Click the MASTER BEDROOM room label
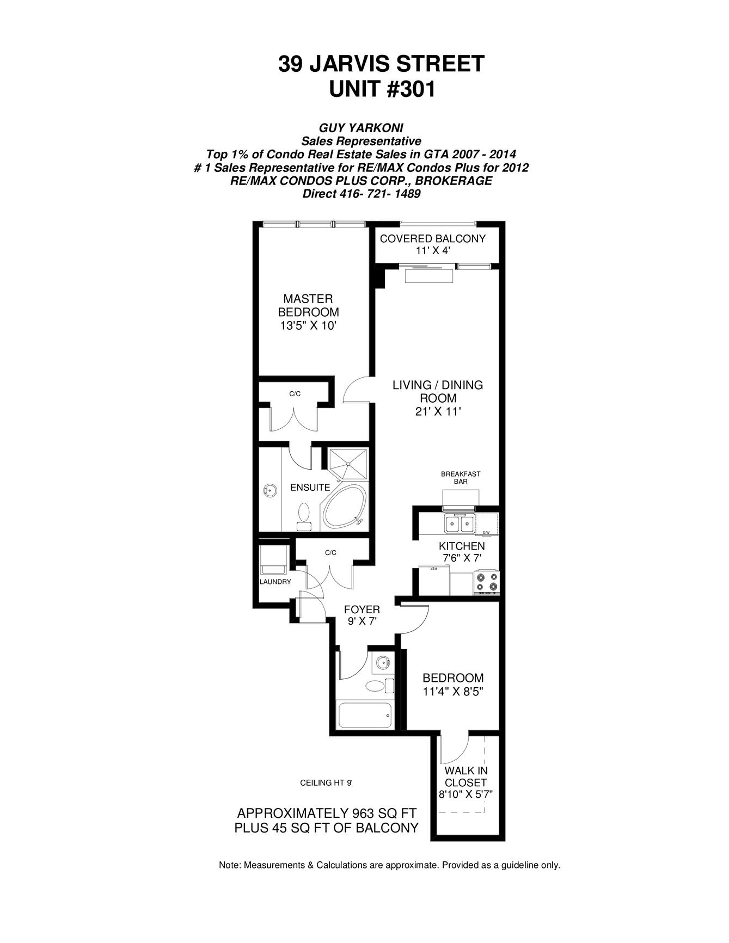308,305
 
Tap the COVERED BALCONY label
432,238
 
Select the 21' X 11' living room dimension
438,412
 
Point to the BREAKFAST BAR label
461,478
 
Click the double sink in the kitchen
458,524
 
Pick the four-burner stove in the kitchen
486,581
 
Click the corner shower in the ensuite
347,464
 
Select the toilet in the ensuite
304,515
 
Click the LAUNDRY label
275,582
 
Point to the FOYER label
362,609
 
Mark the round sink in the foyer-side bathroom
383,663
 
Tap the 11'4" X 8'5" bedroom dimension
453,692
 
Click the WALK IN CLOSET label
465,776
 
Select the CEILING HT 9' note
326,783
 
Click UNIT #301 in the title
382,89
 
